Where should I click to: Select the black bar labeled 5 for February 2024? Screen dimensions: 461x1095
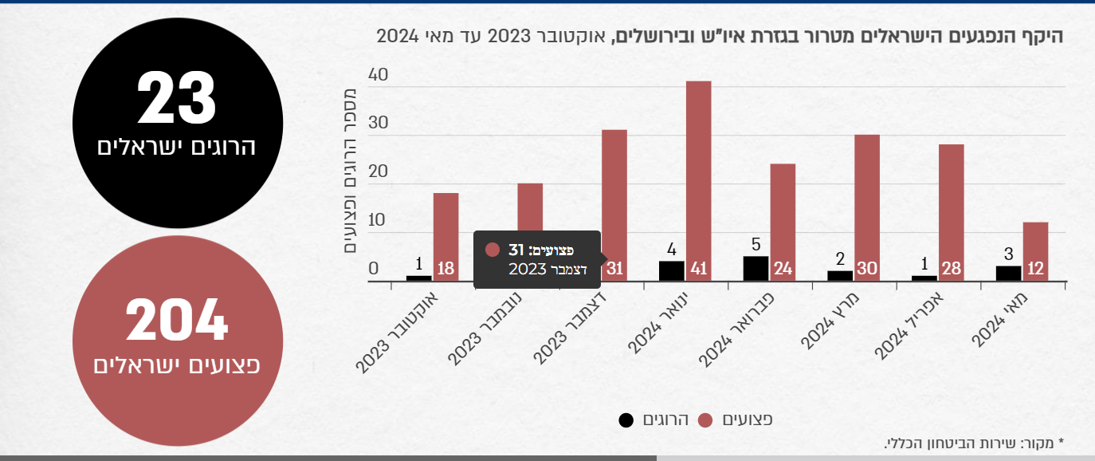(756, 268)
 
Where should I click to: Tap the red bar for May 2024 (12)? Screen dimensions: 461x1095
(1035, 251)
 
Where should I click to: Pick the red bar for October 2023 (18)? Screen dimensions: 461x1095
(445, 236)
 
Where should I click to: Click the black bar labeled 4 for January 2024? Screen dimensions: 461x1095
(671, 270)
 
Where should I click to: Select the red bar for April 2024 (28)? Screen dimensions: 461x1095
(951, 212)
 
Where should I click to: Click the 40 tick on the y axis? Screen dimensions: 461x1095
(378, 76)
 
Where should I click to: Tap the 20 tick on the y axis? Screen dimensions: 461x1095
(378, 173)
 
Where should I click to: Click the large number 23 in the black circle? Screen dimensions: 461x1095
(177, 98)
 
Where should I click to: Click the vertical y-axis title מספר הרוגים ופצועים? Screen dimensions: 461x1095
(350, 168)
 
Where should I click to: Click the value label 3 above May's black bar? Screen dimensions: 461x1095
(1008, 255)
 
